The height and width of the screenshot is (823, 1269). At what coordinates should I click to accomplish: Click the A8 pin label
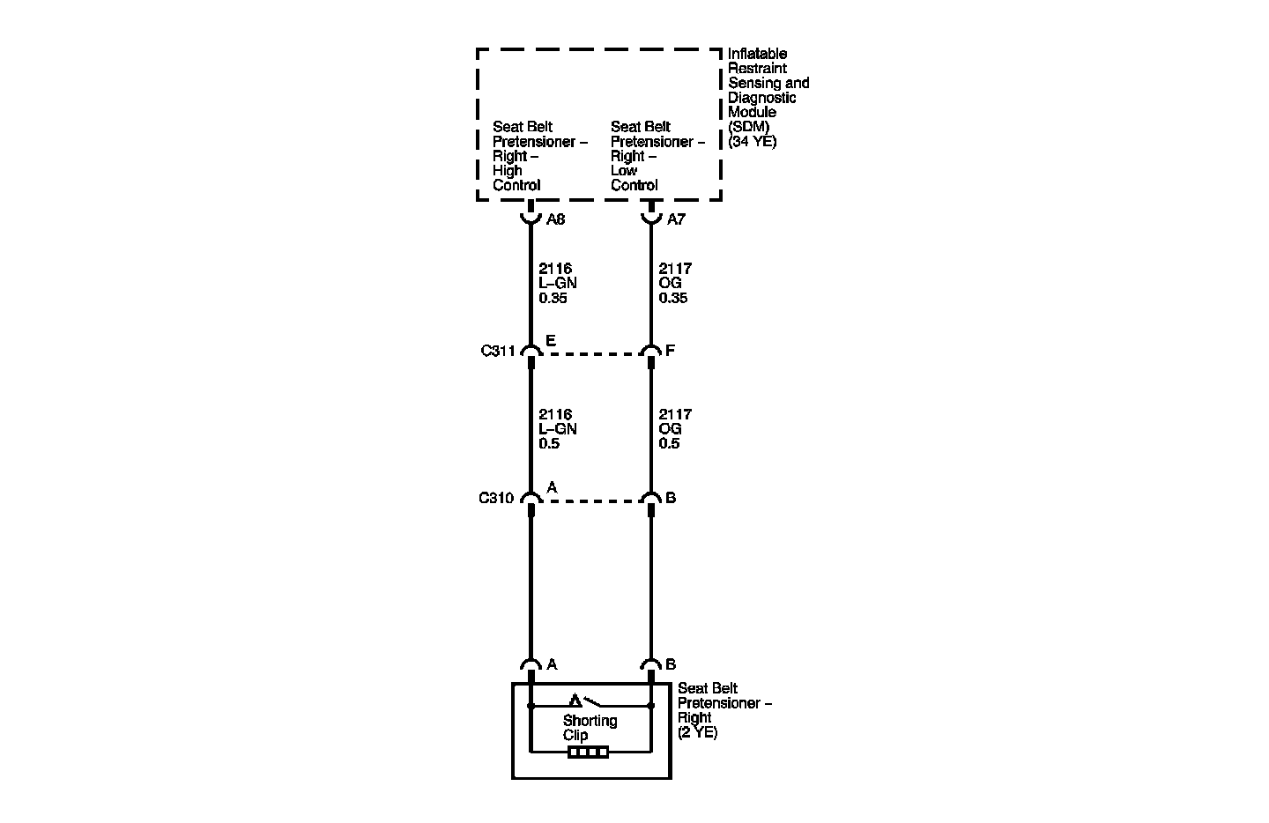pyautogui.click(x=555, y=219)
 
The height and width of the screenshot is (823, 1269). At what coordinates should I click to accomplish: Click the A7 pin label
pyautogui.click(x=676, y=219)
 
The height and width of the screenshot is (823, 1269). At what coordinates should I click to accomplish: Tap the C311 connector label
pyautogui.click(x=498, y=351)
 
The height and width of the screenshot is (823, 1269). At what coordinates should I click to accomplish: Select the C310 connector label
pyautogui.click(x=496, y=498)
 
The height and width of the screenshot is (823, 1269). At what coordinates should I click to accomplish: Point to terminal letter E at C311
pyautogui.click(x=551, y=340)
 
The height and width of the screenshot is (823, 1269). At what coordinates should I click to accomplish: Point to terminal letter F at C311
pyautogui.click(x=671, y=351)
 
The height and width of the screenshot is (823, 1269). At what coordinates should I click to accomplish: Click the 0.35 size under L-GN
pyautogui.click(x=553, y=298)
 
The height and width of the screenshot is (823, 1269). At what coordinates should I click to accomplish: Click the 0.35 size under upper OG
pyautogui.click(x=673, y=298)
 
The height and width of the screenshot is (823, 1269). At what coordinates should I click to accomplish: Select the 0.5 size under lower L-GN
pyautogui.click(x=549, y=443)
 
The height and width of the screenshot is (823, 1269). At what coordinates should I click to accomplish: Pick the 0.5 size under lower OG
pyautogui.click(x=669, y=443)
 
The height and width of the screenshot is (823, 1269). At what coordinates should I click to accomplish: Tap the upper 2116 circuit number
pyautogui.click(x=555, y=269)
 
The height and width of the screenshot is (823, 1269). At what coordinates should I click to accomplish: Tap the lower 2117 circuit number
pyautogui.click(x=675, y=414)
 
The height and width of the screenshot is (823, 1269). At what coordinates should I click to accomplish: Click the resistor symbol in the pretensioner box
pyautogui.click(x=588, y=753)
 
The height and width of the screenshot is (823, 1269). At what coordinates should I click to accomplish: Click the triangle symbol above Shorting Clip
pyautogui.click(x=575, y=701)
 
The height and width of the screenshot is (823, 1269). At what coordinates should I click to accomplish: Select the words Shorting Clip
pyautogui.click(x=590, y=728)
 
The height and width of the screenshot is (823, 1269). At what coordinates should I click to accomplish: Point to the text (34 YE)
pyautogui.click(x=753, y=141)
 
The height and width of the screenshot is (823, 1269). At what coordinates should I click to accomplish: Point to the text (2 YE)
pyautogui.click(x=698, y=732)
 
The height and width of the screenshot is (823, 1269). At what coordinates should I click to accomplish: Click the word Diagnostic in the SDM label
pyautogui.click(x=762, y=98)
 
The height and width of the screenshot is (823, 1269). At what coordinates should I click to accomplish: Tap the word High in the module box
pyautogui.click(x=508, y=171)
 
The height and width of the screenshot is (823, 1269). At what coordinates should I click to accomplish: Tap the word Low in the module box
pyautogui.click(x=624, y=171)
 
